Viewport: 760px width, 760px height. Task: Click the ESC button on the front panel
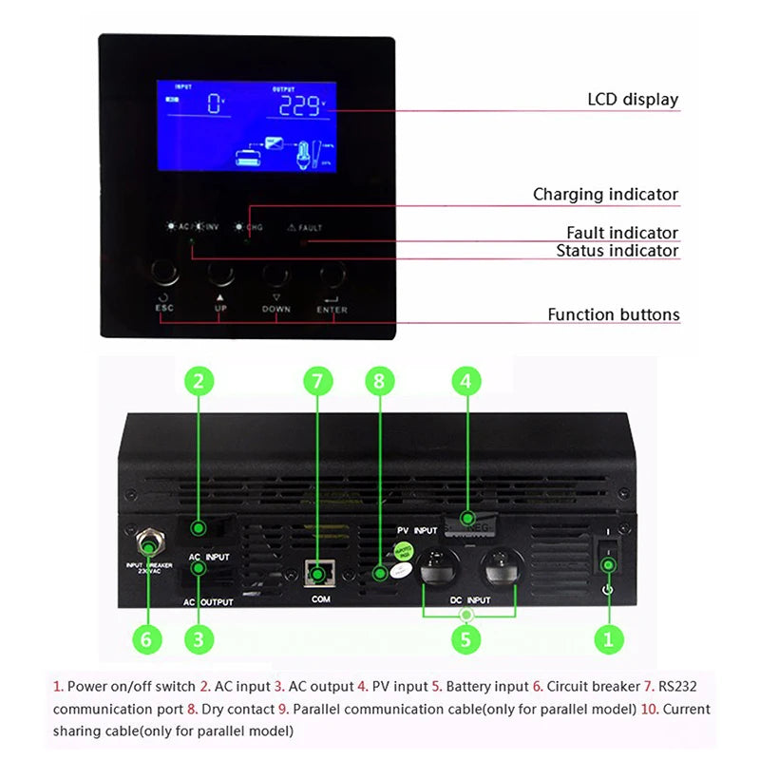(164, 275)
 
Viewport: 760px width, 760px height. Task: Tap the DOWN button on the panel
(275, 275)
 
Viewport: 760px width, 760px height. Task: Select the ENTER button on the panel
(332, 275)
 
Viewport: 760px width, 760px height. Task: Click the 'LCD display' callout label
(633, 100)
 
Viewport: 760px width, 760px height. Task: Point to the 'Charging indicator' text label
(605, 195)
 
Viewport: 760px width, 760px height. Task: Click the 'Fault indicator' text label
(622, 233)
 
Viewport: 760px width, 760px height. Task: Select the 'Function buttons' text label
(613, 314)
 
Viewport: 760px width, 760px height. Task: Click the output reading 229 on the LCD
(298, 105)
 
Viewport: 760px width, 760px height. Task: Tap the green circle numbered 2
(198, 382)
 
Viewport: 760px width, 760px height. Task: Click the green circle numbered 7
(318, 382)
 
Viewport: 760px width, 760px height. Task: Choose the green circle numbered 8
(379, 382)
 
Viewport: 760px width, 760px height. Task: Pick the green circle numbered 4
(465, 382)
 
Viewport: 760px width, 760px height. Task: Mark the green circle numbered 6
(145, 638)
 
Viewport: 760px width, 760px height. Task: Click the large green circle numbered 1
(608, 638)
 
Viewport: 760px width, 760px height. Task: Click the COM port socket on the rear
(318, 571)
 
